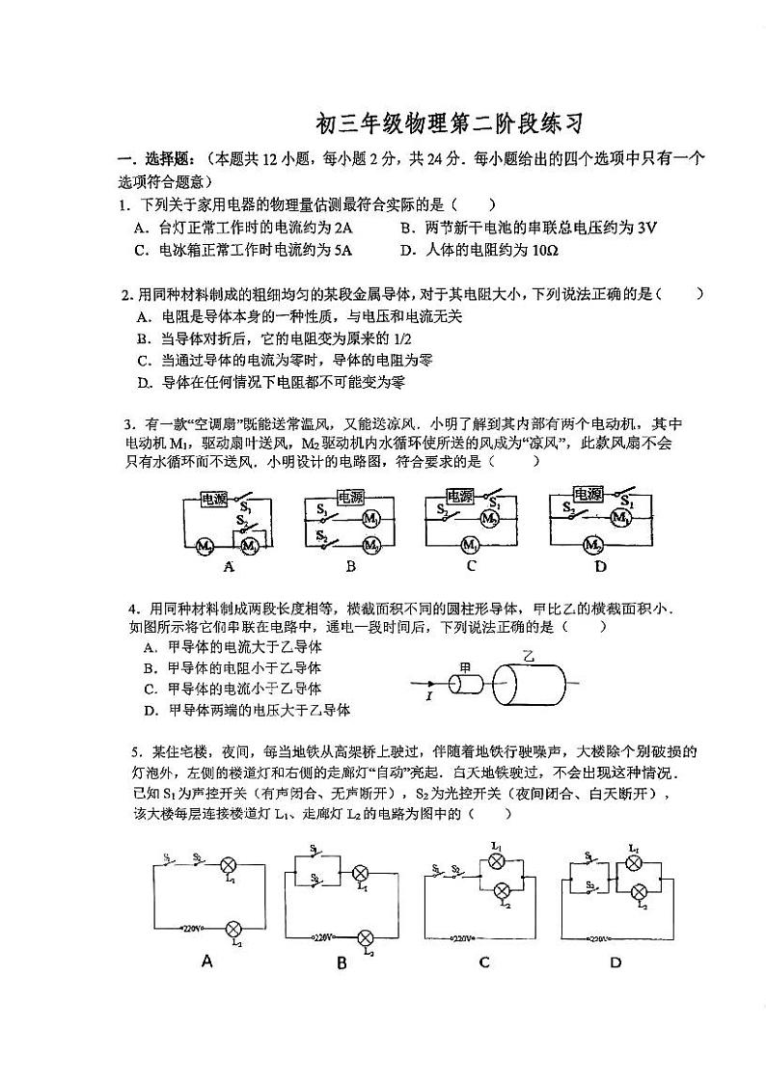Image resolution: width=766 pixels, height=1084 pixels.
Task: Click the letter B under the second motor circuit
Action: pyautogui.click(x=351, y=567)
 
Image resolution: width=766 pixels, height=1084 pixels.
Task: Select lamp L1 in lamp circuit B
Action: pyautogui.click(x=361, y=873)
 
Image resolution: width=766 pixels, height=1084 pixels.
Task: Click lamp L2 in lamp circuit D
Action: pyautogui.click(x=636, y=892)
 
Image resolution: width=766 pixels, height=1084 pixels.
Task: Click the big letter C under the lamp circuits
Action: pyautogui.click(x=484, y=962)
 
